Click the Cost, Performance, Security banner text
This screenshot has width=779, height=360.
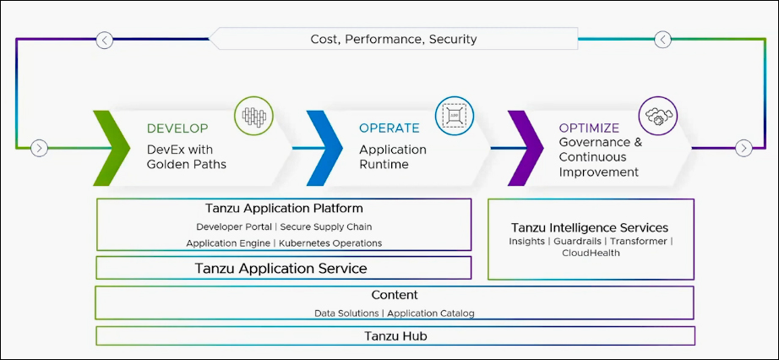coord(394,39)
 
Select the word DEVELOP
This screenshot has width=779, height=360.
coord(177,128)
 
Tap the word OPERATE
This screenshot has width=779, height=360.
coord(389,128)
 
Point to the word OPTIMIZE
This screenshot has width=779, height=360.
coord(589,128)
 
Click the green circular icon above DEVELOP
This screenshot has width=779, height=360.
coord(253,116)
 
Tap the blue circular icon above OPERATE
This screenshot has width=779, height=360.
coord(455,116)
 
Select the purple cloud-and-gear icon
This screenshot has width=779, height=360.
coord(658,116)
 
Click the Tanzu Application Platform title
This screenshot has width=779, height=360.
coord(284,208)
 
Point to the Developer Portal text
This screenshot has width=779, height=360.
coord(234,226)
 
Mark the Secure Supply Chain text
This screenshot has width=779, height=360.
coord(326,226)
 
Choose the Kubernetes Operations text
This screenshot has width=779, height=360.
coord(330,243)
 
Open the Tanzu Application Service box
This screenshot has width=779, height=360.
coord(283,268)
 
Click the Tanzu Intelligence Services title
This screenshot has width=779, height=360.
coord(590,227)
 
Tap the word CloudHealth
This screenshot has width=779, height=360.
coord(591,253)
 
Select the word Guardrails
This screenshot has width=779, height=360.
coord(577,241)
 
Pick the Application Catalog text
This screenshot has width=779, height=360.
coord(431,314)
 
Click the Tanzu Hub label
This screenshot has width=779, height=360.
coord(395,336)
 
